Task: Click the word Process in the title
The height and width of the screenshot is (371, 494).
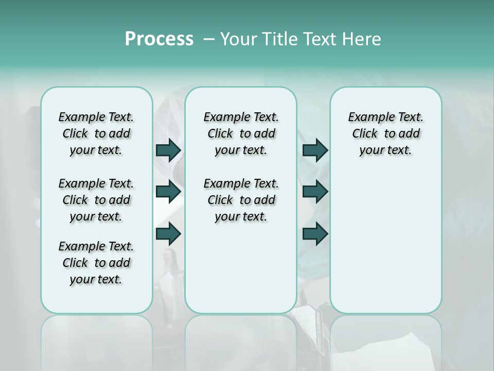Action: [159, 39]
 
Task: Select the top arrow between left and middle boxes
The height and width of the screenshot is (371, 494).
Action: [168, 150]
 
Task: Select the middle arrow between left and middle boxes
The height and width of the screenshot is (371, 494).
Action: [168, 192]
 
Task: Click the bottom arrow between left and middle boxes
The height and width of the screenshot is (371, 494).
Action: [168, 234]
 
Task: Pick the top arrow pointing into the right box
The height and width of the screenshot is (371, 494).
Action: [315, 150]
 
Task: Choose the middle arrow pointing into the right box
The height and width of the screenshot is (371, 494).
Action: [315, 192]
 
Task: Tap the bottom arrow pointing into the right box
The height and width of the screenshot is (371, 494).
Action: [315, 234]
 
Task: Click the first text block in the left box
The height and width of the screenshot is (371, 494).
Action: [96, 133]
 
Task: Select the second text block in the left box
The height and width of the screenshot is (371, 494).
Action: [96, 200]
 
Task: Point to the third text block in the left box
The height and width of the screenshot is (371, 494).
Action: [96, 263]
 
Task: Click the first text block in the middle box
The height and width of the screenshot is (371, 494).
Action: [241, 133]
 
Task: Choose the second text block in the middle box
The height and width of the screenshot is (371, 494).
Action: [241, 200]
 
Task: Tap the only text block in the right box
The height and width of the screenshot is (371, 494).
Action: [385, 133]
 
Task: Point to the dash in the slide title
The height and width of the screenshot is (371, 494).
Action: [209, 39]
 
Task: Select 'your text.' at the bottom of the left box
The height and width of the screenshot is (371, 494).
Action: [96, 279]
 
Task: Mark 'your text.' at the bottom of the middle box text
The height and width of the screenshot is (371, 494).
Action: [241, 217]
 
